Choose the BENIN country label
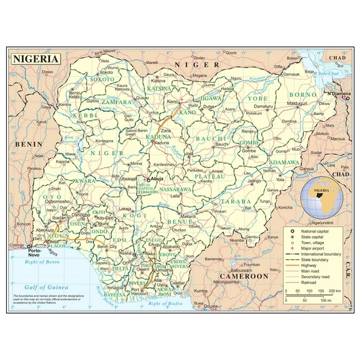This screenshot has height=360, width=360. tap(28, 144)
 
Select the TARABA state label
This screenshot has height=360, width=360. tap(236, 201)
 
